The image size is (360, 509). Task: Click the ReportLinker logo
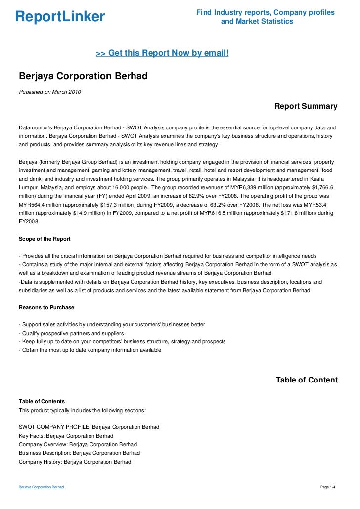[60, 17]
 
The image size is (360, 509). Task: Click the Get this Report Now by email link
[162, 52]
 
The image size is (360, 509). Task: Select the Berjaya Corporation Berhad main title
[83, 77]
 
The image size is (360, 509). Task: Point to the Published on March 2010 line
[50, 92]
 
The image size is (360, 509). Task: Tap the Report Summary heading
[306, 106]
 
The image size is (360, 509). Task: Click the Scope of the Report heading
[45, 239]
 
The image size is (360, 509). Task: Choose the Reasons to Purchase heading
[46, 307]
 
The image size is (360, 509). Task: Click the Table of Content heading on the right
[307, 380]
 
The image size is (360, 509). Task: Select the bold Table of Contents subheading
[42, 401]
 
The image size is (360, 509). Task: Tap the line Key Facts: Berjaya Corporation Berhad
[66, 436]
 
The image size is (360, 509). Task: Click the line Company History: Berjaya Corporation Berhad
[75, 462]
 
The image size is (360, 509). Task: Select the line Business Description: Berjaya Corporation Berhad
[79, 453]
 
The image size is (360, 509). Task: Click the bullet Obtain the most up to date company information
[90, 350]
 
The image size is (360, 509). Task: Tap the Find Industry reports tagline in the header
[266, 17]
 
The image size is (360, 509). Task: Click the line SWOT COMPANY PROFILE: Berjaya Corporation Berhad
[89, 427]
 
